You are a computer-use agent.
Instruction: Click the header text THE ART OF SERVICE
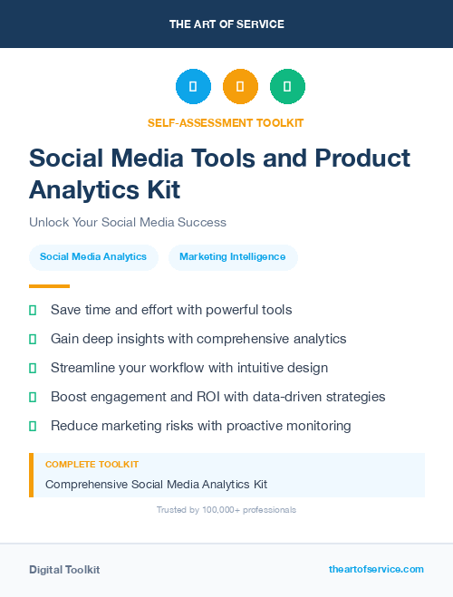(x=226, y=24)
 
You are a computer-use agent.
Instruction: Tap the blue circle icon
(x=193, y=87)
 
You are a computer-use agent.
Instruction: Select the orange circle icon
(x=240, y=87)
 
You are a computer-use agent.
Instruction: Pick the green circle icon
(x=287, y=87)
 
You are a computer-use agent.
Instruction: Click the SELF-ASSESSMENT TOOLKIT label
(x=226, y=122)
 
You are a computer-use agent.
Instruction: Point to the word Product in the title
(x=362, y=158)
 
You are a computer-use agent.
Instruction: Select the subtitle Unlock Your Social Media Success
(x=128, y=222)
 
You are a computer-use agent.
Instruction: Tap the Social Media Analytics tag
(x=93, y=257)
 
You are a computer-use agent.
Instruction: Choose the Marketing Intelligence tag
(x=232, y=257)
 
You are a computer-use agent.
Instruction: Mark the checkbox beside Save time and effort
(x=33, y=310)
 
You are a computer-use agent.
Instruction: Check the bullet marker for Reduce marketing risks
(x=33, y=426)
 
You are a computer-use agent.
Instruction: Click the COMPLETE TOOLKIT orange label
(x=92, y=464)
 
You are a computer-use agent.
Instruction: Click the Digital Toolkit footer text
(x=64, y=570)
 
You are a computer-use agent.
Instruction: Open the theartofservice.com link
(x=376, y=569)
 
